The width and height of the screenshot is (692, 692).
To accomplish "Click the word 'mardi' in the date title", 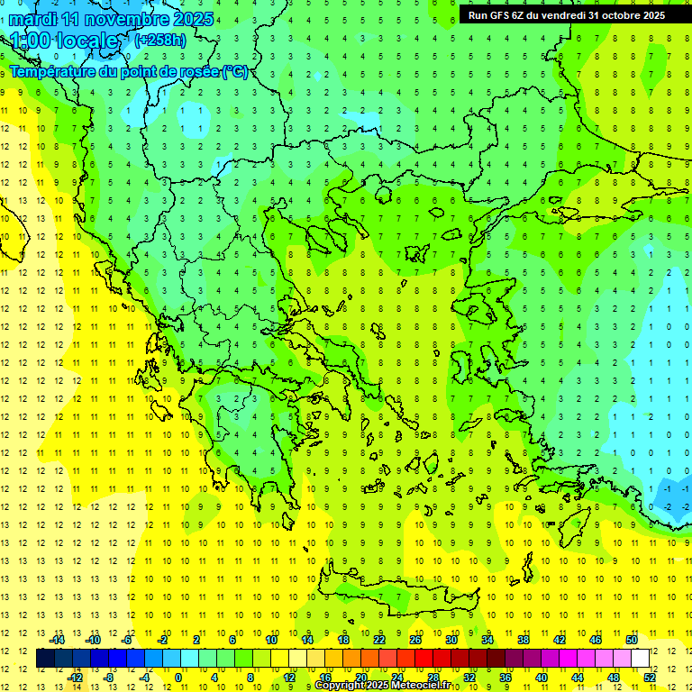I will tap(32, 19).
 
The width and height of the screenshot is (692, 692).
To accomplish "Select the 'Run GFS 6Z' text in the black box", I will tap(496, 14).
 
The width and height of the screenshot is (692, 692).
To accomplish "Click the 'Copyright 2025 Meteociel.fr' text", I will tap(383, 686).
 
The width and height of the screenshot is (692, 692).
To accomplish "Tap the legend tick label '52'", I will tap(650, 677).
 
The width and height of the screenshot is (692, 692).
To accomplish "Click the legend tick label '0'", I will tap(178, 677).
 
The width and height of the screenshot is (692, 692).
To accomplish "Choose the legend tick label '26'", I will tap(415, 640).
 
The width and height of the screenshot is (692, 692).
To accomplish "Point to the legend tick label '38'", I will tap(524, 640).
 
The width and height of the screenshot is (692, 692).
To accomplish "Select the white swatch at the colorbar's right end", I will tap(641, 658).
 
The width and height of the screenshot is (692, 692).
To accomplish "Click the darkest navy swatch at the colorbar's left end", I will tap(46, 658).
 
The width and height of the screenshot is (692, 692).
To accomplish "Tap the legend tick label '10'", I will tap(271, 640).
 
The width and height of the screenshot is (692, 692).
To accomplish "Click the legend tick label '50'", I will tap(632, 640).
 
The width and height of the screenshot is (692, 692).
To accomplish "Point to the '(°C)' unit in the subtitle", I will tap(235, 71).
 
